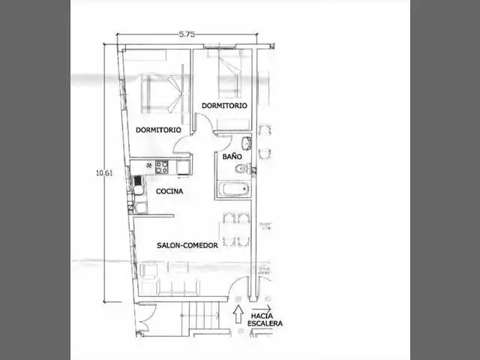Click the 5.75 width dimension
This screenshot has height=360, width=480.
[x=187, y=34]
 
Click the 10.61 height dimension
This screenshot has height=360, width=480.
[x=104, y=173]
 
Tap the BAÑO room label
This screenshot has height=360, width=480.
[x=232, y=157]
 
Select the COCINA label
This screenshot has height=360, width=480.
[x=169, y=191]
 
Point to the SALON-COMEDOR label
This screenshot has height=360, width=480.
[x=187, y=245]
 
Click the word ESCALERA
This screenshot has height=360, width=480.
[x=265, y=323]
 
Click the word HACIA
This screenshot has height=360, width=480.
[x=262, y=316]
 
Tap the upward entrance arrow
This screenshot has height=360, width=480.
[x=238, y=314]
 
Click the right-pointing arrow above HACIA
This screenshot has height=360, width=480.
[x=261, y=309]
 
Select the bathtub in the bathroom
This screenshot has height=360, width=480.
[x=235, y=189]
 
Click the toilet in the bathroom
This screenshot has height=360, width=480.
[x=244, y=168]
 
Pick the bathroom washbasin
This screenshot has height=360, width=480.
[x=247, y=143]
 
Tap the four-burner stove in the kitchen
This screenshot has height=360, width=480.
[x=161, y=167]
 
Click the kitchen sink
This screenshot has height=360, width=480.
[x=138, y=185]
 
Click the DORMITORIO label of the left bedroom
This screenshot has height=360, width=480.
[x=158, y=130]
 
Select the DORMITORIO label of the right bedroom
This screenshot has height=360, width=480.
[x=224, y=106]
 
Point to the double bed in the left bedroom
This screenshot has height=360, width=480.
[x=162, y=93]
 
